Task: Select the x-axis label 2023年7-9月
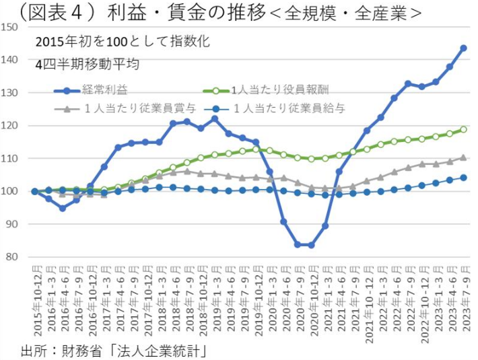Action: [x=464, y=306]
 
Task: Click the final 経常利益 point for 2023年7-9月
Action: [x=463, y=48]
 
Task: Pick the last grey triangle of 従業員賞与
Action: [x=463, y=158]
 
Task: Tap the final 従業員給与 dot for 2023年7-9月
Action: [x=463, y=178]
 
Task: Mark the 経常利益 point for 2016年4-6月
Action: [x=62, y=209]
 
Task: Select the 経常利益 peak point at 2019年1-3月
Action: [x=214, y=119]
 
